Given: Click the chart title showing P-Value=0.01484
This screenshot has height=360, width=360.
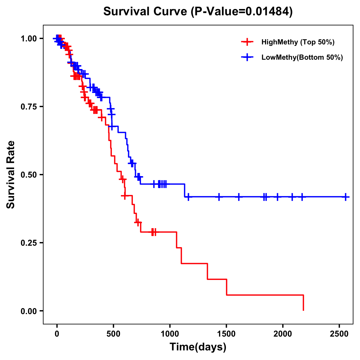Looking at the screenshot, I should click(198, 11).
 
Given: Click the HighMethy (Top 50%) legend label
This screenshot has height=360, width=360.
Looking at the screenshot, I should click(298, 42).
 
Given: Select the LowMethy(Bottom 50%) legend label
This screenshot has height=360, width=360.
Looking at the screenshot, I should click(302, 57).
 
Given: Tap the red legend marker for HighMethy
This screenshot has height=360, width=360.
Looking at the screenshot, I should click(247, 42).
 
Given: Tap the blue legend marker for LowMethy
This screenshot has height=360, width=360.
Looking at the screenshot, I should click(247, 57).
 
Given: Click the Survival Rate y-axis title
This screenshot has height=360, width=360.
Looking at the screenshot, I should click(11, 175).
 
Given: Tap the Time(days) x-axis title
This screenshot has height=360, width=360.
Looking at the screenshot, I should click(198, 347).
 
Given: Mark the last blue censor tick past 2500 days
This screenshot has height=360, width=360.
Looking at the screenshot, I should click(346, 197).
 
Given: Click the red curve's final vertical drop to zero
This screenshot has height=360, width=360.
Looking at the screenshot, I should click(303, 303).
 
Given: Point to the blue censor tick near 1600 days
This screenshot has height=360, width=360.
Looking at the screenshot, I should click(239, 197).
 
